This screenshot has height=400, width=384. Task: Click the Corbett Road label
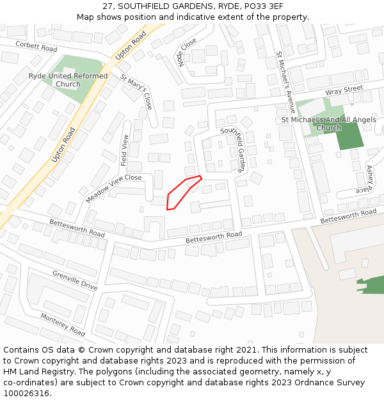coord(36,46)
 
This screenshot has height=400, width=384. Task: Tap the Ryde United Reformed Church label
coord(68,80)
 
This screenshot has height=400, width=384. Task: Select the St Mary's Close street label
coord(136,92)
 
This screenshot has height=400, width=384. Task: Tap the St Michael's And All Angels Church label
coord(329,124)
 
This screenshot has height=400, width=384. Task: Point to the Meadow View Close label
coord(113,188)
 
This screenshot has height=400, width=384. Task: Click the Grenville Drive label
coord(75,280)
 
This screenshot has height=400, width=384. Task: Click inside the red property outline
coord(180,193)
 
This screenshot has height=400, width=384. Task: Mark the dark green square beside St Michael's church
coord(349,136)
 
